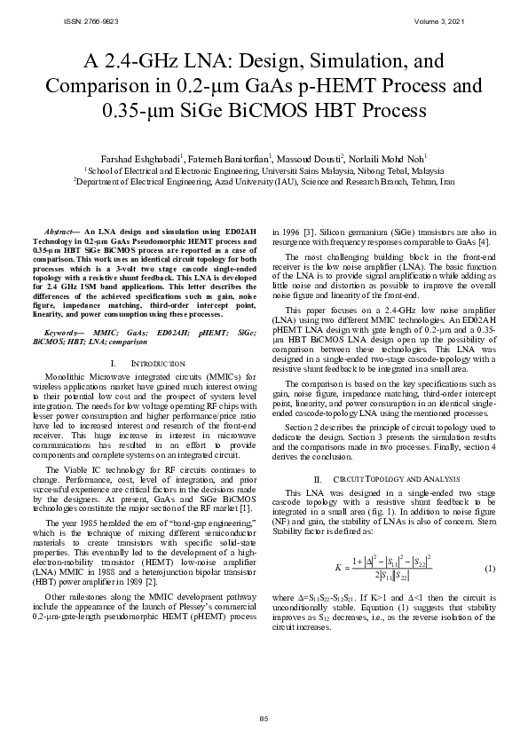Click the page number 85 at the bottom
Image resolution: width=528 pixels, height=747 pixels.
264,719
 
